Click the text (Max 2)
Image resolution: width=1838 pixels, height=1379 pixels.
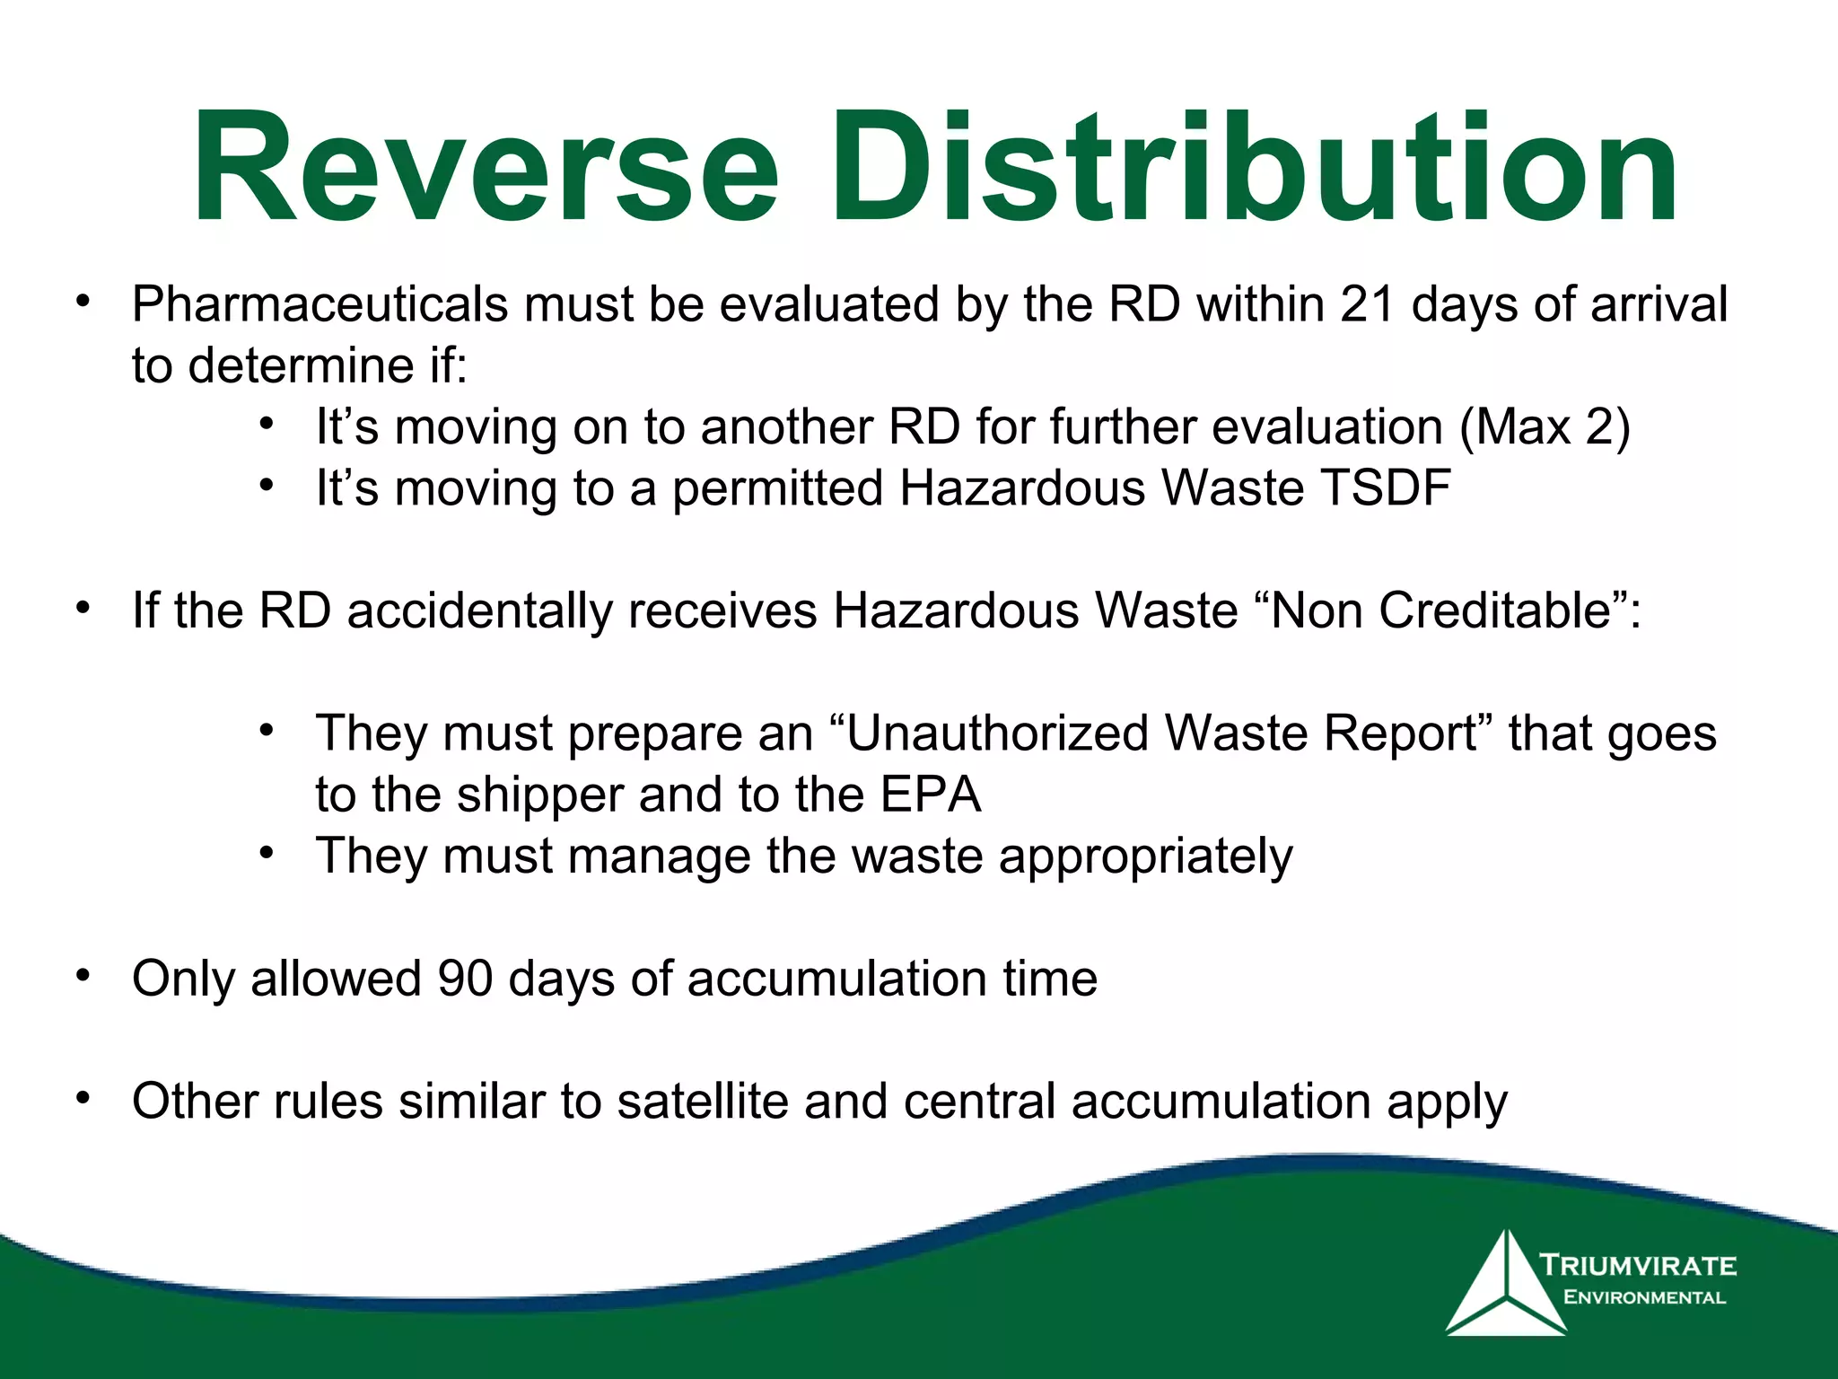1544,426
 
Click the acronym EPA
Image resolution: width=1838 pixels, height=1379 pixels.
931,795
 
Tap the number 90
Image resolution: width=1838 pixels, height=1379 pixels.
465,978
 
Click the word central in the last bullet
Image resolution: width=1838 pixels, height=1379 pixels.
979,1101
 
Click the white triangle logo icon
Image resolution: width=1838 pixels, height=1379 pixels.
1505,1287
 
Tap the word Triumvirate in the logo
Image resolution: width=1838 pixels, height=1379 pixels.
1638,1266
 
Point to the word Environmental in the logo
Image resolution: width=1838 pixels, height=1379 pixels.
1644,1297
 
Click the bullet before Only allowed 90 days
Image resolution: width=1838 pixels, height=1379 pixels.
83,975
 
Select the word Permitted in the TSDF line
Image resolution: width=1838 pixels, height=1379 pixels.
778,489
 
